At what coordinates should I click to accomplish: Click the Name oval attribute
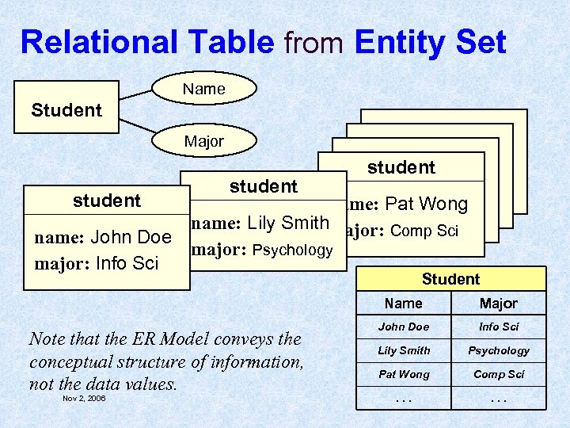coord(204,89)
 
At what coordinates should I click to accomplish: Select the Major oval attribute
coord(204,142)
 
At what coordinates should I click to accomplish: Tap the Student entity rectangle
coord(66,109)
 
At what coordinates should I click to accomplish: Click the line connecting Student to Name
coord(135,97)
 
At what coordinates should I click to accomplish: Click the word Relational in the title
coord(89,42)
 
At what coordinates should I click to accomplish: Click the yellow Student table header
coord(450,279)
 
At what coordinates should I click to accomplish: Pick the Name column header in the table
coord(404,304)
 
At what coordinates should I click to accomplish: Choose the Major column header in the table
coord(499,304)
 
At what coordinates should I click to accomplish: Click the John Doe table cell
coord(404,327)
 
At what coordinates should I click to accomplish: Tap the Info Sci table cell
coord(499,327)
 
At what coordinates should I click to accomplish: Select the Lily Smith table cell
coord(404,350)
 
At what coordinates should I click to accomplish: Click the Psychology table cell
coord(499,350)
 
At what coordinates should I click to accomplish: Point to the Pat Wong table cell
coord(404,374)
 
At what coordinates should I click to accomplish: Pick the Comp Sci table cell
coord(499,374)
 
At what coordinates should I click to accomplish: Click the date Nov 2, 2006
coord(84,398)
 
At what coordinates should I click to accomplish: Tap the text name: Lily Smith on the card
coord(260,224)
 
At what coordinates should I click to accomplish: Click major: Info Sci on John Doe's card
coord(97,262)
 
